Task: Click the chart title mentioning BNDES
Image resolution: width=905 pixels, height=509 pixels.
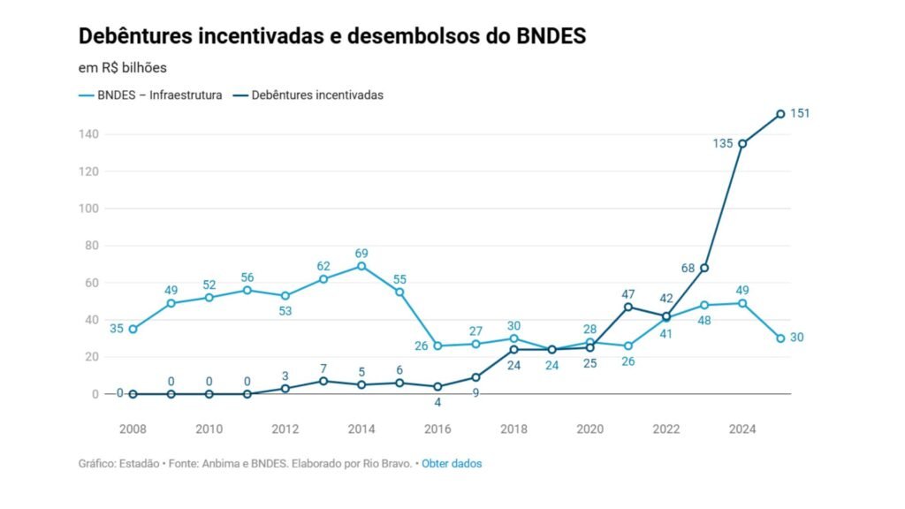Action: coord(332,36)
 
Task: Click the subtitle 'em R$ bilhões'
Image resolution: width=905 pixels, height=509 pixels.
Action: coord(123,66)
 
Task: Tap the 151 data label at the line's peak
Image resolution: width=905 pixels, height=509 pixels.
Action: coord(800,113)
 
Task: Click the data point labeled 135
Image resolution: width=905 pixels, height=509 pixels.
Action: coord(742,143)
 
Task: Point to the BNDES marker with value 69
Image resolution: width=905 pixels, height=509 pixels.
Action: coord(361,266)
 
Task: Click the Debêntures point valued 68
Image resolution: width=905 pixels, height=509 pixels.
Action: coord(704,268)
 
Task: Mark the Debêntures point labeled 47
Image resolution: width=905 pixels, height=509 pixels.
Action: coord(628,307)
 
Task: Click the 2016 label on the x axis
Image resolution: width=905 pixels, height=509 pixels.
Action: coord(437,430)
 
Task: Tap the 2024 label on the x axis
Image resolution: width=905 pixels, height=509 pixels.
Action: coord(742,430)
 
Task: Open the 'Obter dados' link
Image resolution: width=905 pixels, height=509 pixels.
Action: coord(452,463)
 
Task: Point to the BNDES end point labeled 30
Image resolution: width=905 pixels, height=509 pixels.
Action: coord(780,338)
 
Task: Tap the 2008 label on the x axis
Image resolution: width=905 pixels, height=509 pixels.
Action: coord(133,430)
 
